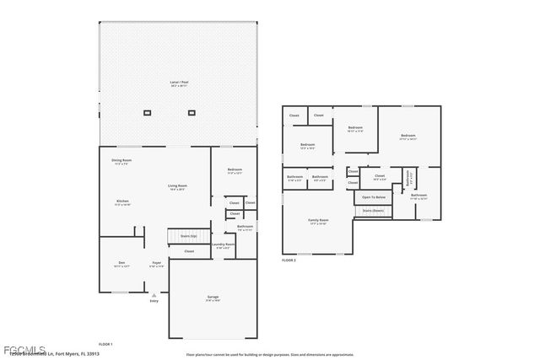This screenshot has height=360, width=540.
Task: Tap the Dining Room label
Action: pyautogui.click(x=121, y=161)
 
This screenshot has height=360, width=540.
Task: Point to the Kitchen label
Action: pyautogui.click(x=122, y=202)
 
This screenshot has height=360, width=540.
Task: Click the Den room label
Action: pyautogui.click(x=121, y=264)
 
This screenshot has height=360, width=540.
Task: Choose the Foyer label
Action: pyautogui.click(x=157, y=264)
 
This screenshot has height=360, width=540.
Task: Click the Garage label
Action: pyautogui.click(x=213, y=298)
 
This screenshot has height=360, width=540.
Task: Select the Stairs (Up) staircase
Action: pyautogui.click(x=187, y=236)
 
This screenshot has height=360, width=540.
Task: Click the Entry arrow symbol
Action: pyautogui.click(x=154, y=295)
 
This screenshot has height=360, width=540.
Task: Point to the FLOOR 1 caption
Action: pyautogui.click(x=105, y=345)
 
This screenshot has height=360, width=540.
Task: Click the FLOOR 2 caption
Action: pyautogui.click(x=289, y=261)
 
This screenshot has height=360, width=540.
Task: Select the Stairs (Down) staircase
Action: pyautogui.click(x=373, y=210)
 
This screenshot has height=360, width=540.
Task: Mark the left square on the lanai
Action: pyautogui.click(x=148, y=112)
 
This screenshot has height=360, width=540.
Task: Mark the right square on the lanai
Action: pyautogui.click(x=192, y=112)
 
